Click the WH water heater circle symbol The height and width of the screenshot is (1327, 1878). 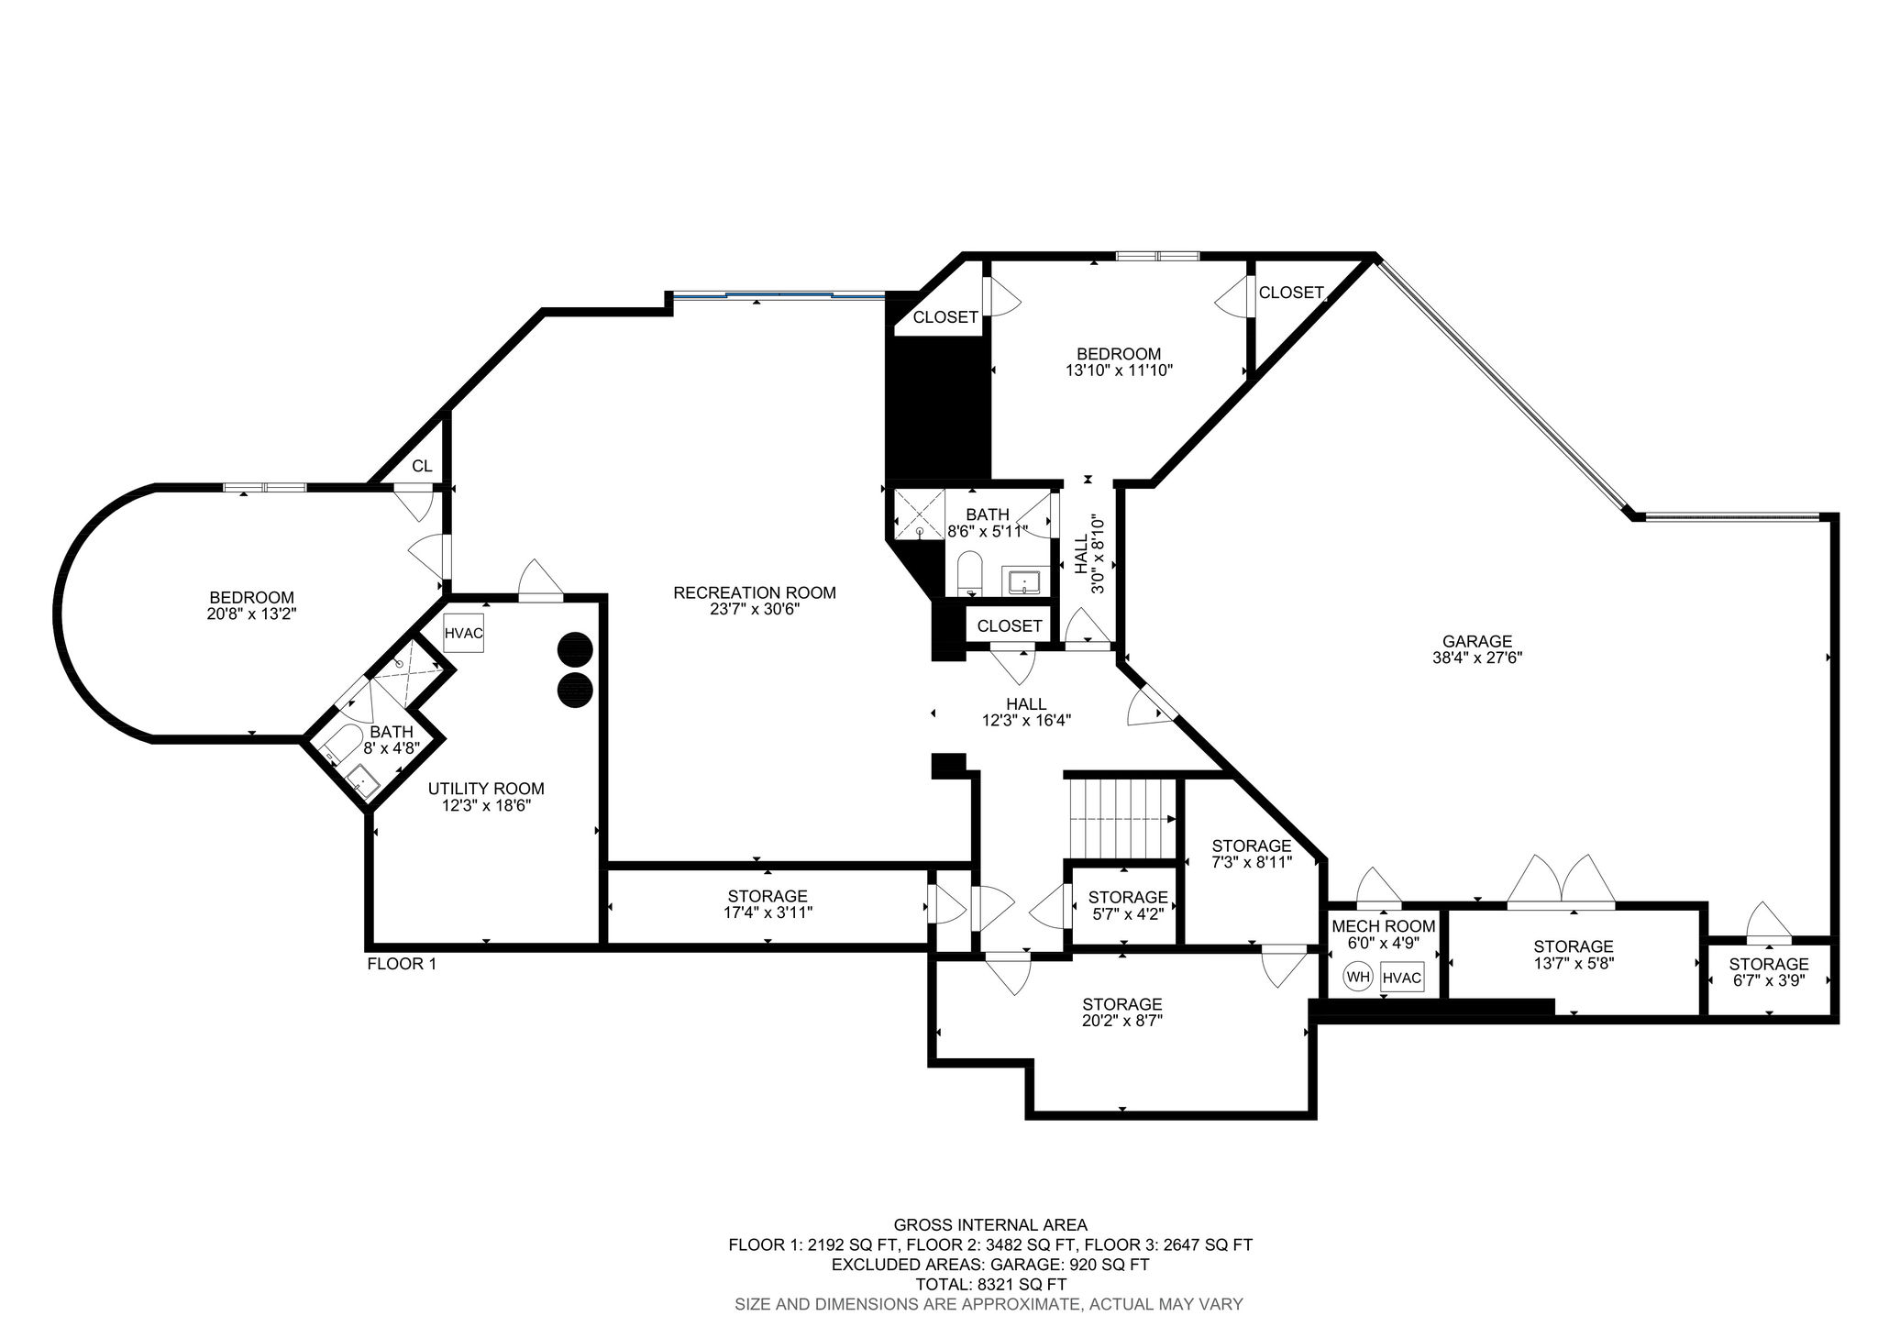pos(1358,978)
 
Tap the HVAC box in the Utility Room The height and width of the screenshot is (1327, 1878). pos(463,633)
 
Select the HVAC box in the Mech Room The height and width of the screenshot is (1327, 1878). pos(1402,979)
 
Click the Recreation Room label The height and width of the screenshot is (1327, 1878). pos(755,593)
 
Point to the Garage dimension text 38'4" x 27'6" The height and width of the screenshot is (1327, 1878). pos(1476,658)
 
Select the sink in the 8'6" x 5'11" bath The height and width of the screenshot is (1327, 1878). pos(1024,581)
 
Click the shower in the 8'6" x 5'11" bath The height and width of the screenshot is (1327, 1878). pos(918,514)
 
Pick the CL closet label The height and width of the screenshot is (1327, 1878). pos(422,466)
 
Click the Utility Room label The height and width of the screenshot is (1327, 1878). pos(486,789)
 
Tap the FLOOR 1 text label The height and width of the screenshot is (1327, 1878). pos(402,964)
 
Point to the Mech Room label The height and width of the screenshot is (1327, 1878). pos(1384,926)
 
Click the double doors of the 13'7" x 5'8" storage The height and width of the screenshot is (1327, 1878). pos(1562,880)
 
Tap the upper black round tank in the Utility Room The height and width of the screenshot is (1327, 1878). pos(575,648)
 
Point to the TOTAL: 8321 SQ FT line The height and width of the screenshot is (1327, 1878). pos(990,1284)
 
